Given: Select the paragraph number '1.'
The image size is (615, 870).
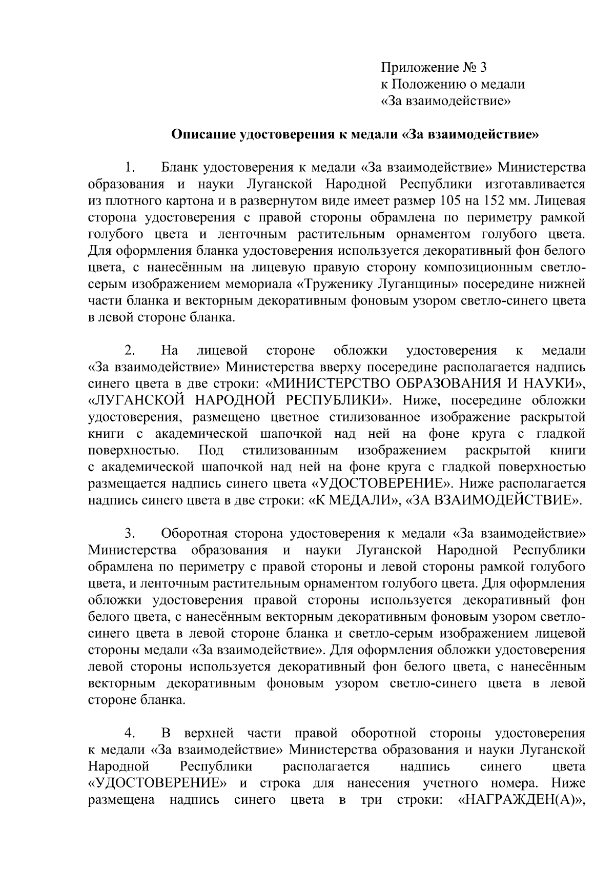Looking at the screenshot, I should point(129,168).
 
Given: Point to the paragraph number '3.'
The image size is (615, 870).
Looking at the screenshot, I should point(129,534).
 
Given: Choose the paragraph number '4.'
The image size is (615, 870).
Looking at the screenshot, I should point(129,733).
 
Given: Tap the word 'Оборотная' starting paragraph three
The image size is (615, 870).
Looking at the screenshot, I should point(194,534).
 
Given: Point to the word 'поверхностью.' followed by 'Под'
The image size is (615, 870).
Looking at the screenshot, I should point(134,451).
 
